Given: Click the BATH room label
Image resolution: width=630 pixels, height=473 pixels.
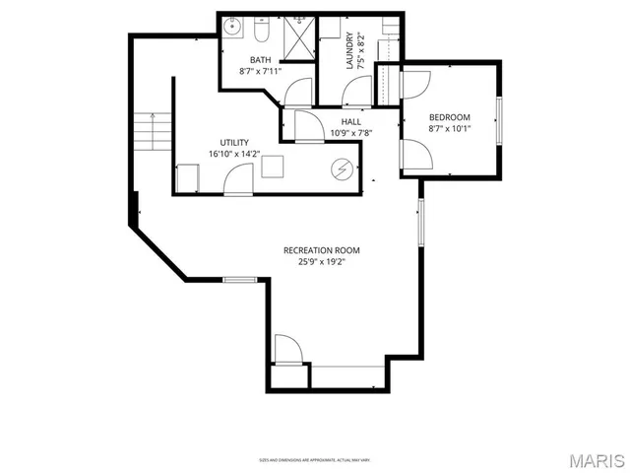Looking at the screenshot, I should click(x=260, y=60).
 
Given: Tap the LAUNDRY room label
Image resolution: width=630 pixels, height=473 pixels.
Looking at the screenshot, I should click(x=349, y=52).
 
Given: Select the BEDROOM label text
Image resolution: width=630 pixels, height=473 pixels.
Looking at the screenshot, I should click(x=449, y=115).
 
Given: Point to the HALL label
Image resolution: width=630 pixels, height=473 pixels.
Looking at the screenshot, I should click(x=350, y=122).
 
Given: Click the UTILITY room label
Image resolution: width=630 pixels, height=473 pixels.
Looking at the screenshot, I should click(x=234, y=142).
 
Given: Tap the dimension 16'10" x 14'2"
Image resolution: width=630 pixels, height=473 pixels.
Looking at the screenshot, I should click(x=234, y=154).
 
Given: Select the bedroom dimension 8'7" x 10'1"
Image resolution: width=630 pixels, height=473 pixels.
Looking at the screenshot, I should click(x=449, y=127).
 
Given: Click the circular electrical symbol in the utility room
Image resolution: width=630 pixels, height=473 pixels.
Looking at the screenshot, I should click(x=342, y=169).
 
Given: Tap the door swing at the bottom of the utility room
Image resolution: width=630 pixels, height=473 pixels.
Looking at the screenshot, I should click(x=238, y=179).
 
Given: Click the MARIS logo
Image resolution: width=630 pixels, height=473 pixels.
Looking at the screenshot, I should click(x=595, y=460).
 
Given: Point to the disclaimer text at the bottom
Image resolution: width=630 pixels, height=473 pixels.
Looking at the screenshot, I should click(x=315, y=459).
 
